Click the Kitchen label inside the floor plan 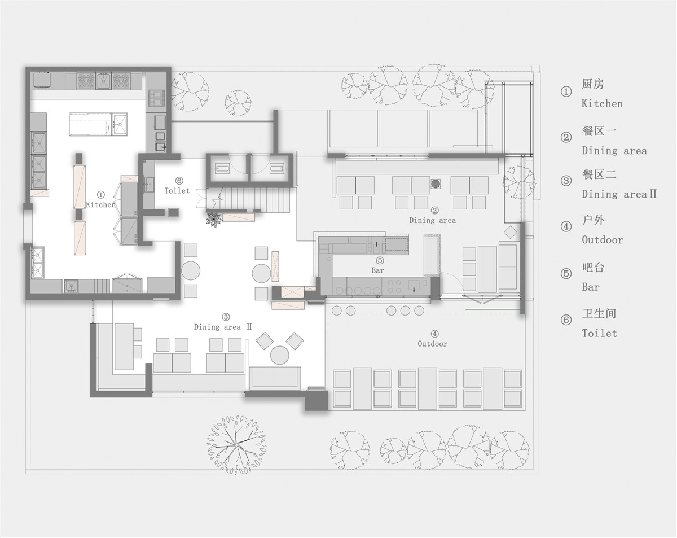[100, 204]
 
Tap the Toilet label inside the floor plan [177, 190]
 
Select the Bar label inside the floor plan [377, 270]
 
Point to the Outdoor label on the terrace [432, 344]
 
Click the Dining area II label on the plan [223, 327]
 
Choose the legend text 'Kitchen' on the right [602, 103]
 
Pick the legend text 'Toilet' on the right [599, 333]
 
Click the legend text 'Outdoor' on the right [602, 240]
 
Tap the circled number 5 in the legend [566, 273]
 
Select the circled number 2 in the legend [566, 137]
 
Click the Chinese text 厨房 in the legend [593, 84]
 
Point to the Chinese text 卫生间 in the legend [599, 313]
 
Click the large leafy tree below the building [236, 445]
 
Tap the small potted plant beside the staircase [214, 220]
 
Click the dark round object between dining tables [436, 183]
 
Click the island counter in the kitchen [98, 124]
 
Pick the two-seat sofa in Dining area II [275, 378]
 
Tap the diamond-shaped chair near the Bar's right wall [510, 233]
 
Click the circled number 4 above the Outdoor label [434, 334]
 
